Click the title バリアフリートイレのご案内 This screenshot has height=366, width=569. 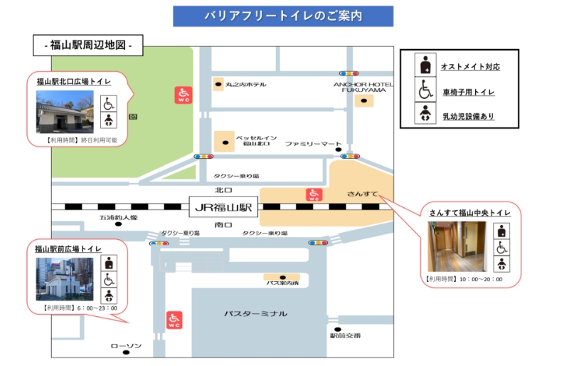[x=282, y=16]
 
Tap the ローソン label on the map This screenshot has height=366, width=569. [x=126, y=346]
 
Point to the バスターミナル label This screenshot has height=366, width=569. [x=255, y=313]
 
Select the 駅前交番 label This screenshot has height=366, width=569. [x=345, y=335]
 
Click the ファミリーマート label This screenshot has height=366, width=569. [x=314, y=143]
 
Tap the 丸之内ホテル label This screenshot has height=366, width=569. [x=245, y=85]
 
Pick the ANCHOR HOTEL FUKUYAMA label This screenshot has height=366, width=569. [x=363, y=87]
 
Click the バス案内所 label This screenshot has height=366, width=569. [x=282, y=283]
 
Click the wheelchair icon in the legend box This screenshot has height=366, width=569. [x=425, y=90]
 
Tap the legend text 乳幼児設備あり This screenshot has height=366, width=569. [x=467, y=116]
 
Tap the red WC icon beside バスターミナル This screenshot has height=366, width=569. [x=174, y=320]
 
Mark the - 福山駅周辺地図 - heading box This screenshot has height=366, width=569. [x=88, y=46]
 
